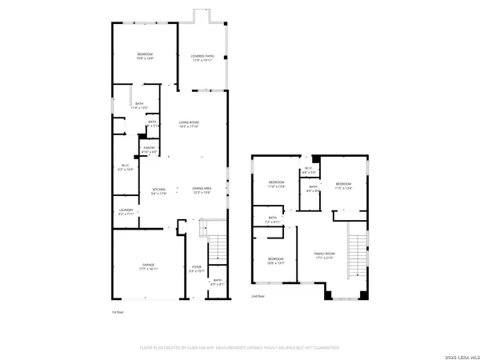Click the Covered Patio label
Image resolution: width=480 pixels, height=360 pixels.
(201, 58)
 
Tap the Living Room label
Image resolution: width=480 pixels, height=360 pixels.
(189, 124)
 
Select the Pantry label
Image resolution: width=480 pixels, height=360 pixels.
(148, 150)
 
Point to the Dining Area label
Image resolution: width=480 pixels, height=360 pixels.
(201, 191)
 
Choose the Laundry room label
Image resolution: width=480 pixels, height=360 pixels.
(126, 212)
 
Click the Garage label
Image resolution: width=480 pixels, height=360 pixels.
(148, 266)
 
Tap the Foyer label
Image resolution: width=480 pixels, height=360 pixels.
(196, 269)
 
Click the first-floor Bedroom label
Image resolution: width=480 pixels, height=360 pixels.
(145, 56)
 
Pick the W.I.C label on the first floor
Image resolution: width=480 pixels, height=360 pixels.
(125, 167)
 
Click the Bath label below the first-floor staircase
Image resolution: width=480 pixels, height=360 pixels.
(216, 282)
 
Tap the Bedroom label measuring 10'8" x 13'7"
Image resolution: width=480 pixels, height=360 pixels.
(276, 261)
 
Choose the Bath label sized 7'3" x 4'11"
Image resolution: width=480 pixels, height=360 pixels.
(273, 220)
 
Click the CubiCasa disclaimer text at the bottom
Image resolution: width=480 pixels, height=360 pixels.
(240, 347)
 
